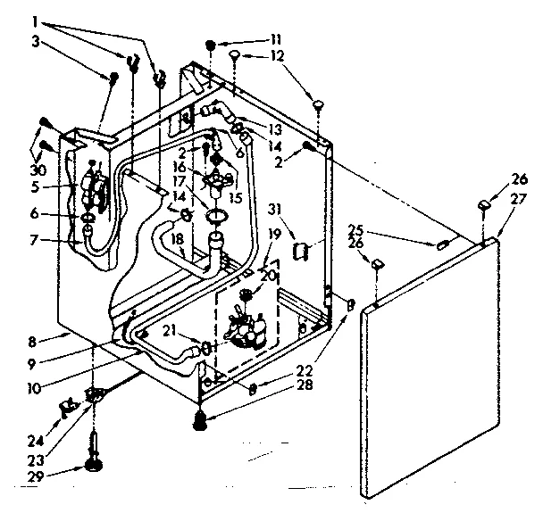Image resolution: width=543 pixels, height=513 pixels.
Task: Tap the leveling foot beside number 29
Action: (93, 462)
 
